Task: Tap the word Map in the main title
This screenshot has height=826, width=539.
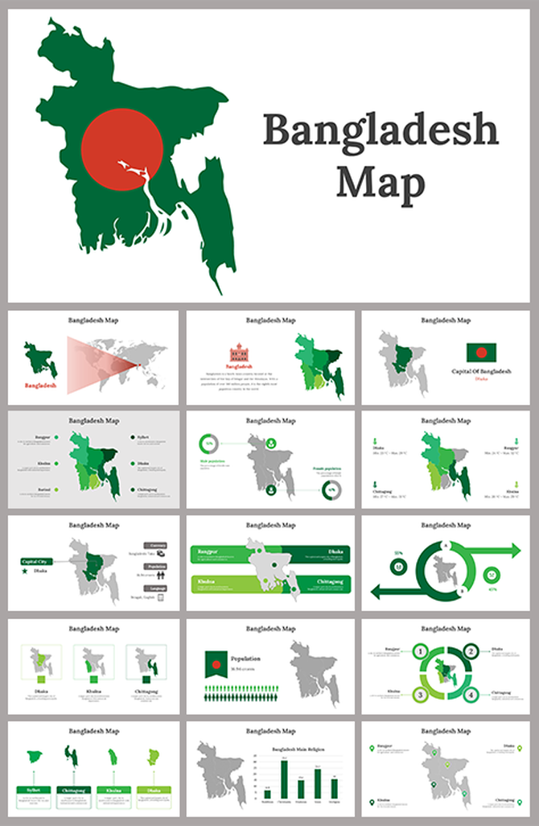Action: pyautogui.click(x=381, y=184)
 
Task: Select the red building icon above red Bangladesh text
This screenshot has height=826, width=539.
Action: pyautogui.click(x=239, y=353)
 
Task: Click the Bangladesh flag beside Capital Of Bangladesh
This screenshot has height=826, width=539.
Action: pyautogui.click(x=481, y=352)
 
